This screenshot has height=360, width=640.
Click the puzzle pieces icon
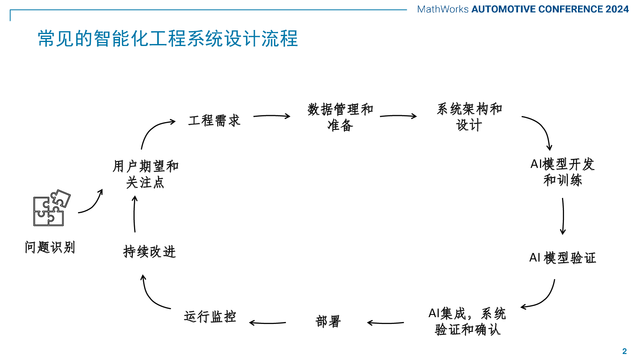coord(52,208)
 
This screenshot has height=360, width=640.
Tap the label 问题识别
coord(50,247)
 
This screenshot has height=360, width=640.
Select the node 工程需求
coord(214,120)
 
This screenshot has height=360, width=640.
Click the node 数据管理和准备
coord(340,117)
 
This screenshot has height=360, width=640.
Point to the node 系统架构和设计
coord(470,117)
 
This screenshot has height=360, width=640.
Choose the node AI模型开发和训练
coord(562,172)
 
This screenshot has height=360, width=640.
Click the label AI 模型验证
coord(562,258)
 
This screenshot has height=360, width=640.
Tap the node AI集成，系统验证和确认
coord(468,322)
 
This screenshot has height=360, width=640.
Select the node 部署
coord(328,322)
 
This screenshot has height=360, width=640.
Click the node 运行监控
coord(210,316)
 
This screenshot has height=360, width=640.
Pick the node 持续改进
coord(150,252)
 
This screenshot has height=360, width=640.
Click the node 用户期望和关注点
coord(146,174)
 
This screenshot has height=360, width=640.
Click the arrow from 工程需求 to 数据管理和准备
coord(272,116)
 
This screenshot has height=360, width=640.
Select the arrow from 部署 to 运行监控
coord(268,323)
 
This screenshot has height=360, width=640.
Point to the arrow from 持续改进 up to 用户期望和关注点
coord(134,214)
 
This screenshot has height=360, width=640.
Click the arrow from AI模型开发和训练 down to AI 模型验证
coord(563,216)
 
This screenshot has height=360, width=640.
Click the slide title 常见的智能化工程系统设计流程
coord(168,38)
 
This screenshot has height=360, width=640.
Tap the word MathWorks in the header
coord(442,9)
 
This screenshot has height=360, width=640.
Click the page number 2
coord(624,351)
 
